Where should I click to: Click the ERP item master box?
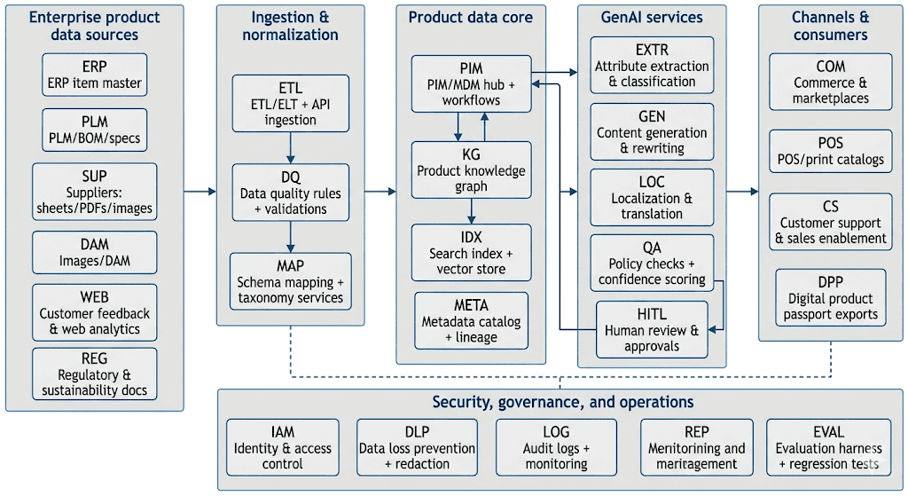click(x=94, y=75)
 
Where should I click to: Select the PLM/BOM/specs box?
click(x=94, y=130)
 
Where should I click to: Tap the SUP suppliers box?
click(x=94, y=192)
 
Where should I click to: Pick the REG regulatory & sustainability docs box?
click(x=94, y=374)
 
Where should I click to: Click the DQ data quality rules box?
click(x=291, y=193)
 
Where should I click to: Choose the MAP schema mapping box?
click(x=291, y=281)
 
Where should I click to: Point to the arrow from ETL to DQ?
click(x=291, y=148)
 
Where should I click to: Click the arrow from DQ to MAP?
click(x=291, y=236)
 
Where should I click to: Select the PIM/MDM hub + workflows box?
click(x=472, y=83)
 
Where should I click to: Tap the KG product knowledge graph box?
click(x=472, y=169)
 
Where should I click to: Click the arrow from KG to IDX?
click(x=472, y=211)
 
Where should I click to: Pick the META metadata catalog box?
click(x=472, y=320)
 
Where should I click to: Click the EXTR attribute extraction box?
click(x=652, y=65)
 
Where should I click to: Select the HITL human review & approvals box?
click(x=652, y=329)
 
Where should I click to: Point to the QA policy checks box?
click(x=652, y=263)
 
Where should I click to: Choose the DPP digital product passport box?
click(x=830, y=297)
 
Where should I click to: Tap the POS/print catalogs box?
click(x=830, y=151)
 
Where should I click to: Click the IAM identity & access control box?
click(x=283, y=447)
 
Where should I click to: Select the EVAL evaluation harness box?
click(x=829, y=447)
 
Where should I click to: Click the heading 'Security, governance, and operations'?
click(x=563, y=402)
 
